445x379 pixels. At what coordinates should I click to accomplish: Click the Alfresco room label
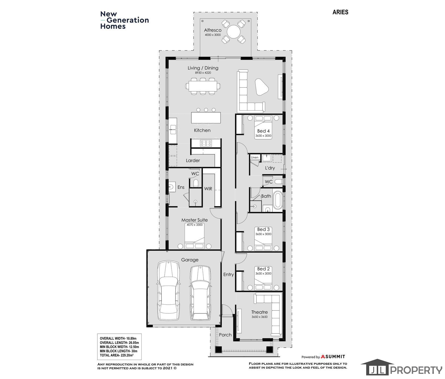[213, 30]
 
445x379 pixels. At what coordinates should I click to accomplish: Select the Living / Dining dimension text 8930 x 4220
[203, 73]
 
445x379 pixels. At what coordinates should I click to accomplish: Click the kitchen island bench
[206, 118]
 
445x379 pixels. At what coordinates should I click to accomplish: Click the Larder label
[193, 161]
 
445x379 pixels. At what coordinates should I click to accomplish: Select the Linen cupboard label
[255, 157]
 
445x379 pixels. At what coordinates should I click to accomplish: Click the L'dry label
[270, 168]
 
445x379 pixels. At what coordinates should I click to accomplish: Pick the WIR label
[208, 189]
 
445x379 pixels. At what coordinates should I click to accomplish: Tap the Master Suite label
[194, 220]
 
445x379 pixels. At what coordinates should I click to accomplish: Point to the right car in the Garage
[200, 293]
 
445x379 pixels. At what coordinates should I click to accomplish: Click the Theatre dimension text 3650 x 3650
[260, 317]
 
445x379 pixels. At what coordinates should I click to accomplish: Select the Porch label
[225, 335]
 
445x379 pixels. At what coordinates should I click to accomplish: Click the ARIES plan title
[340, 12]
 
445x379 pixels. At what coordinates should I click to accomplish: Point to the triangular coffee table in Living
[261, 87]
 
